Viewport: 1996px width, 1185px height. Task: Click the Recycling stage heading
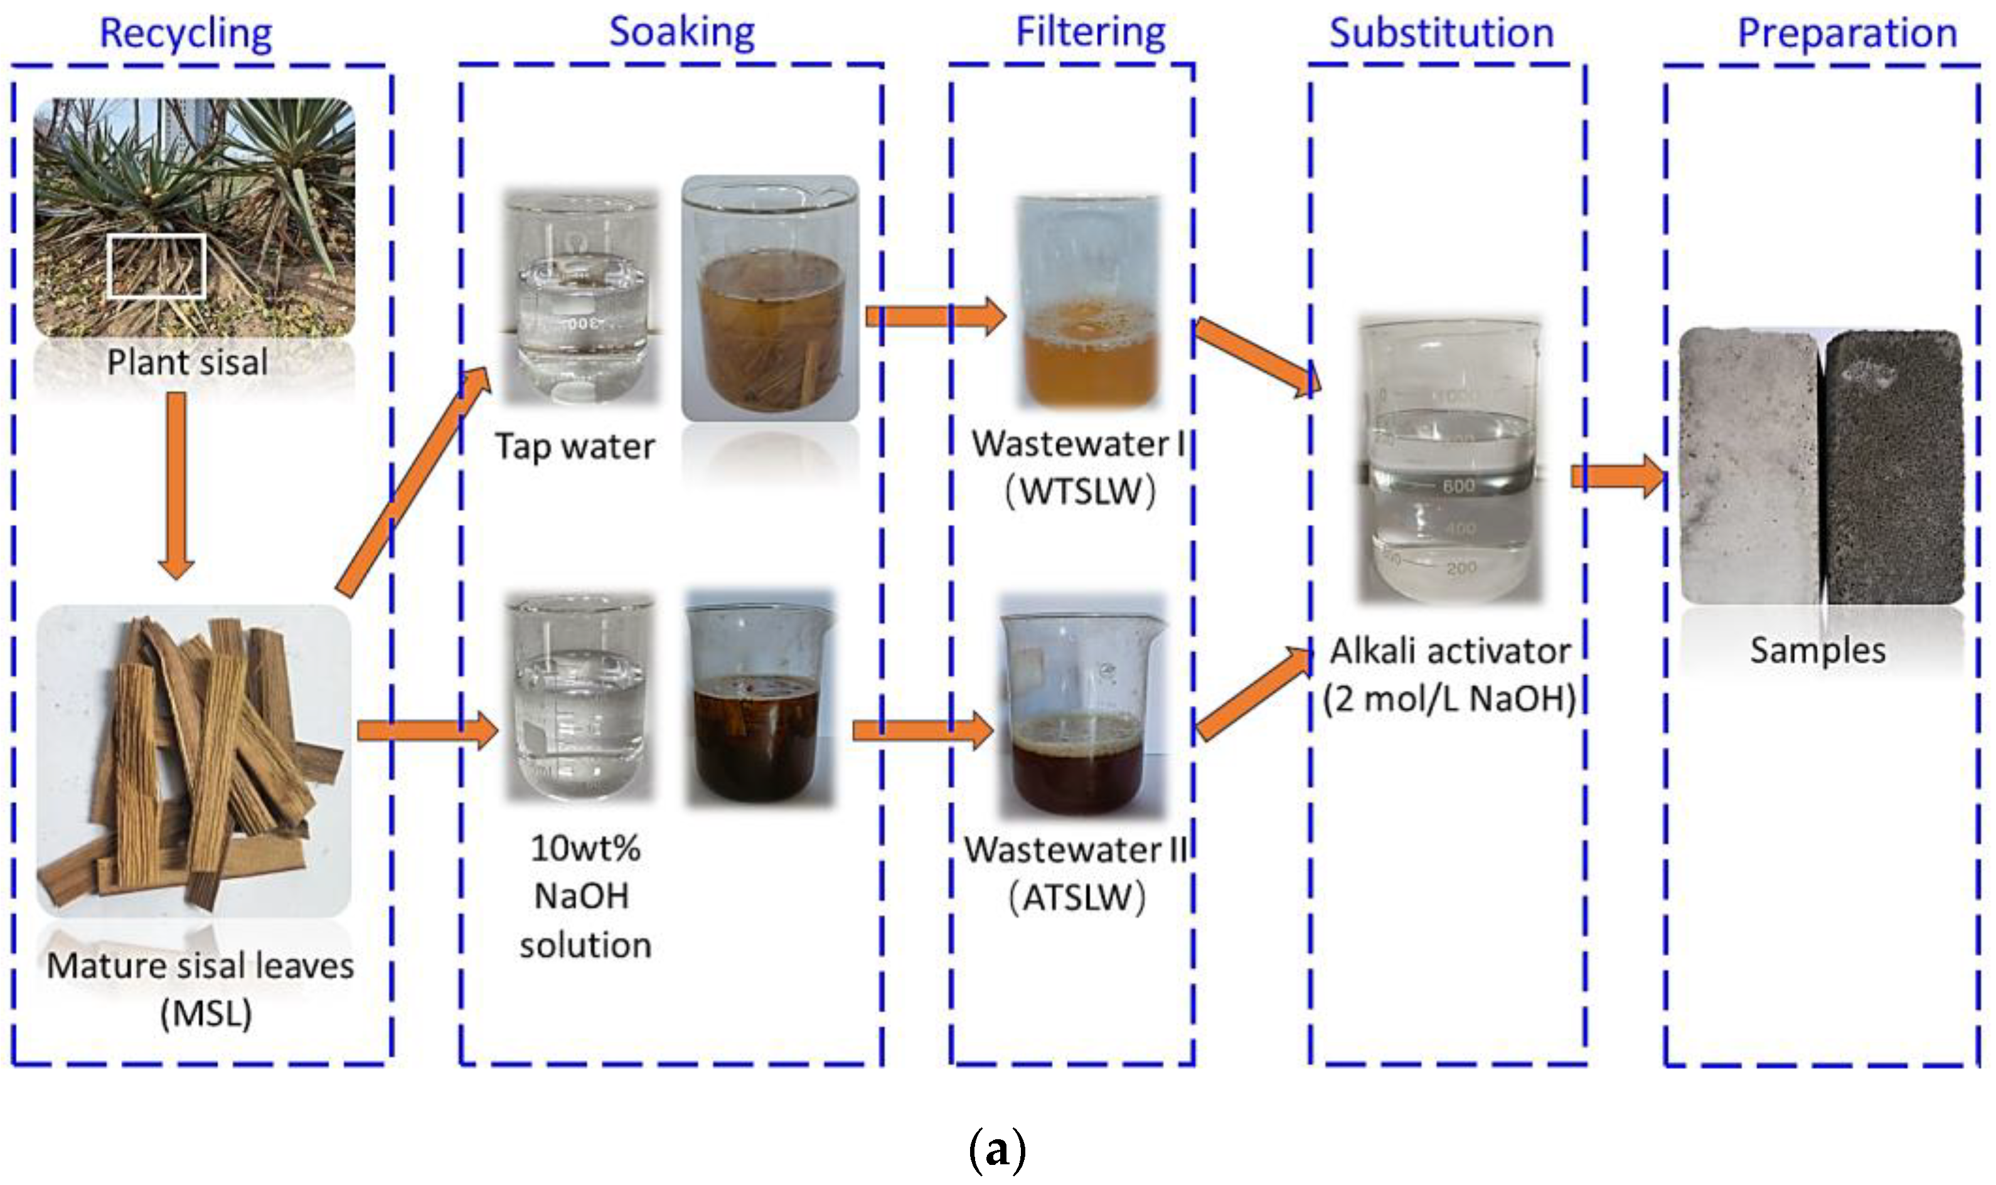tap(185, 33)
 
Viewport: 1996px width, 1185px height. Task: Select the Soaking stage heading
tap(681, 33)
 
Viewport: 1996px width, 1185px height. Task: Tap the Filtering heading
tap(1091, 33)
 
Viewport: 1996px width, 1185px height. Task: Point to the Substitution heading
tap(1441, 33)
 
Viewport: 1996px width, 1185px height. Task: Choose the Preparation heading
tap(1847, 33)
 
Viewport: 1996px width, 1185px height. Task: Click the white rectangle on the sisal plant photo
tap(156, 266)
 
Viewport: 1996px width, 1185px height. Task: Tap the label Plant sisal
tap(187, 363)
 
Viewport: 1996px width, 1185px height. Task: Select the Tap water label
tap(574, 447)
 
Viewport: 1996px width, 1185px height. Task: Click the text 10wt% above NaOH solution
tap(585, 848)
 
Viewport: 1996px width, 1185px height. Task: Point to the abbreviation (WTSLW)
tap(1080, 491)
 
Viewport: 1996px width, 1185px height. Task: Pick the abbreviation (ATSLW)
tap(1077, 898)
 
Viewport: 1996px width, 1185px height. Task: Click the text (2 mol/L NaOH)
tap(1449, 699)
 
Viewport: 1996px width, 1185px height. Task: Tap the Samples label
tap(1817, 650)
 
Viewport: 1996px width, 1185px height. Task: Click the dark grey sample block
tap(1893, 467)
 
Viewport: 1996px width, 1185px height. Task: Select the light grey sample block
tap(1749, 467)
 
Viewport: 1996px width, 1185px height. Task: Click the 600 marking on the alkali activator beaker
tap(1458, 486)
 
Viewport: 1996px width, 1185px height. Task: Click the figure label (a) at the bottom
tap(997, 1150)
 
